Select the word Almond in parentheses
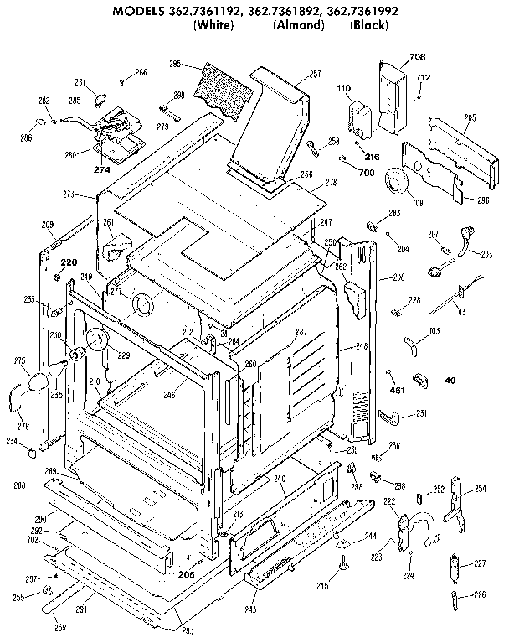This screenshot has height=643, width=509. pyautogui.click(x=298, y=25)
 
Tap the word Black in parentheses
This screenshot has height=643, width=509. pyautogui.click(x=369, y=25)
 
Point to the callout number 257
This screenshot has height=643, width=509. pyautogui.click(x=315, y=75)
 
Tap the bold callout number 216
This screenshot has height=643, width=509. pyautogui.click(x=372, y=156)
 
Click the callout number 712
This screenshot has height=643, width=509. pyautogui.click(x=424, y=78)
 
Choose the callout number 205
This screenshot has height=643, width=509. pyautogui.click(x=470, y=117)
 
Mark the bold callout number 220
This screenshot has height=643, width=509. pyautogui.click(x=68, y=262)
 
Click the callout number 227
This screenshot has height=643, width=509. pyautogui.click(x=480, y=563)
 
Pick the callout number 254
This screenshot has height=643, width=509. pyautogui.click(x=480, y=488)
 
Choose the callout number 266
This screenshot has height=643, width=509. pyautogui.click(x=141, y=73)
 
